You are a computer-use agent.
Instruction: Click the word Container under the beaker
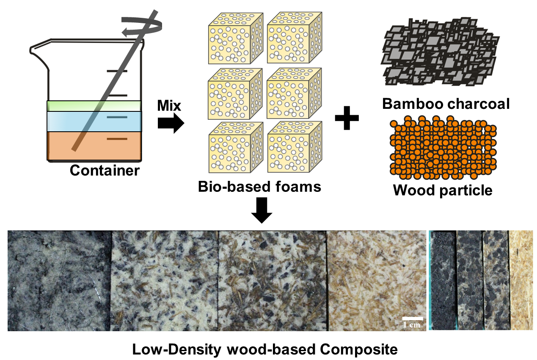[x=105, y=170]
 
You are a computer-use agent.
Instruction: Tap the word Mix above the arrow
[x=169, y=105]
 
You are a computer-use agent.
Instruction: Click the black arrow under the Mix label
[x=171, y=123]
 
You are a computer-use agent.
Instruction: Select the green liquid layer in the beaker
[x=94, y=106]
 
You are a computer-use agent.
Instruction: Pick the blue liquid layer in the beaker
[x=94, y=122]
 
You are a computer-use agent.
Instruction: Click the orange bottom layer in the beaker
[x=94, y=146]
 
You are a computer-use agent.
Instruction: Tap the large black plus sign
[x=347, y=118]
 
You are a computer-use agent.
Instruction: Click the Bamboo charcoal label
[x=446, y=104]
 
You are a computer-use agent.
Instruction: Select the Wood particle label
[x=443, y=190]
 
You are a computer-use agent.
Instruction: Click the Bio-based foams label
[x=259, y=186]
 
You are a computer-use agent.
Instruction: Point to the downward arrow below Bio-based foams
[x=262, y=210]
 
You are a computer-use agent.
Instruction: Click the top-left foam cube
[x=236, y=39]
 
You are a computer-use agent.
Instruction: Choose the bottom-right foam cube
[x=295, y=147]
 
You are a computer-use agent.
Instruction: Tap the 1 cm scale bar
[x=413, y=318]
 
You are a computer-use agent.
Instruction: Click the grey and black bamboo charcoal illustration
[x=441, y=52]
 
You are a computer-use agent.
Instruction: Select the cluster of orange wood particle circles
[x=443, y=147]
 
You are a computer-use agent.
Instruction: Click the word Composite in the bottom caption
[x=359, y=350]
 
